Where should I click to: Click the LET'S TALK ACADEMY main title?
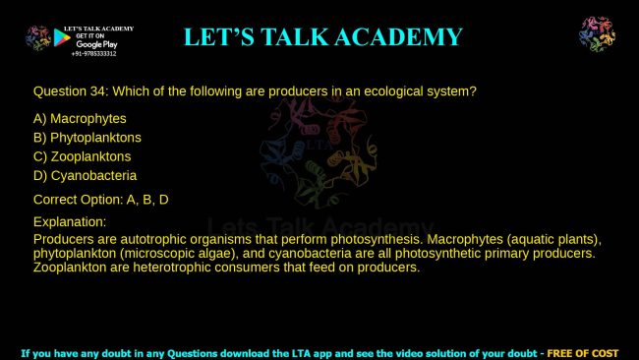[322, 37]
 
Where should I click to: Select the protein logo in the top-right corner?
[597, 34]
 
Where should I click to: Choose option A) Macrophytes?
[80, 119]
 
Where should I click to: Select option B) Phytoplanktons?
[87, 138]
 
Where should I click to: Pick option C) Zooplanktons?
[82, 156]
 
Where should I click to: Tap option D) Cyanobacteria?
[85, 175]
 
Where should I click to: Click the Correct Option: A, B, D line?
[101, 200]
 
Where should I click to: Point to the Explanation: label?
[70, 222]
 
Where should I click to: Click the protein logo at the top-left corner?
[38, 37]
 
